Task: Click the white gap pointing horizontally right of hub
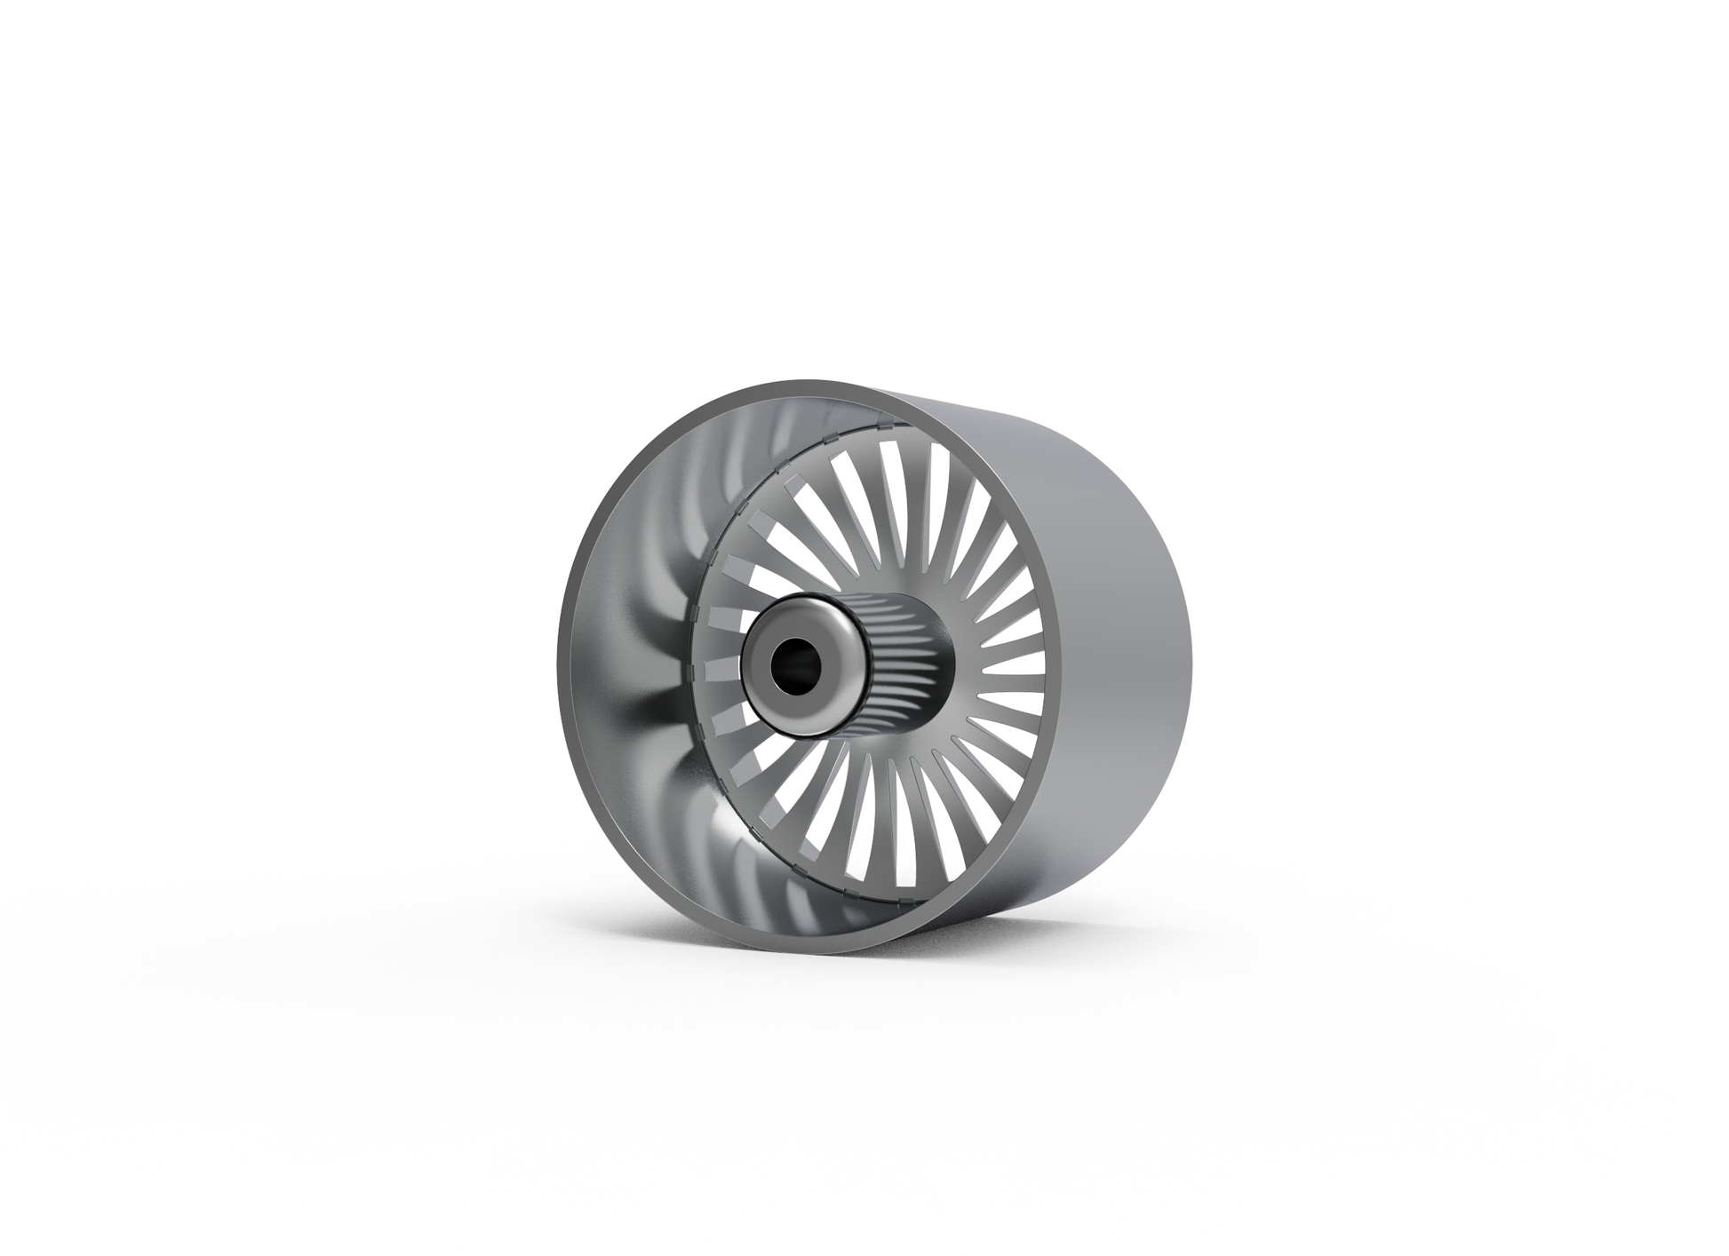pos(1022,666)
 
